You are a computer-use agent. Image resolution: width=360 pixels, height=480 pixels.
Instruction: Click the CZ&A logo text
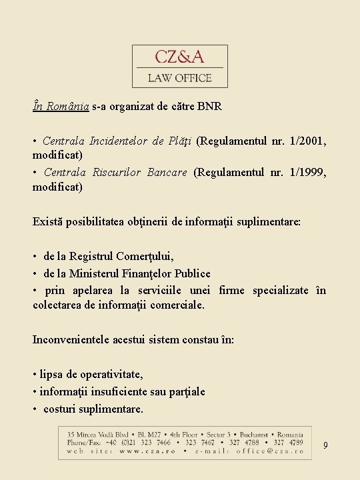(x=180, y=57)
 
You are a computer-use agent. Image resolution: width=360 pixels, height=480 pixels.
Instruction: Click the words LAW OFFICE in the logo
(x=180, y=78)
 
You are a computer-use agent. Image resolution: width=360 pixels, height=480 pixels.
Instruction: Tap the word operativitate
(x=103, y=375)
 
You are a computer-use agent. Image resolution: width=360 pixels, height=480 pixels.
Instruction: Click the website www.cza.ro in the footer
(x=141, y=451)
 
